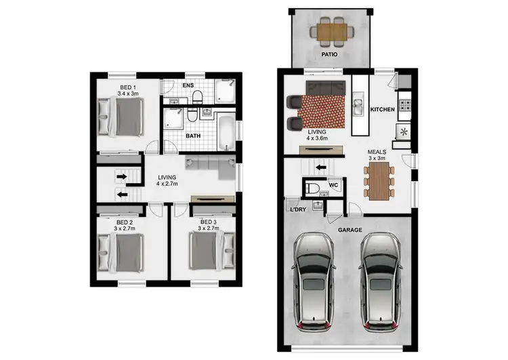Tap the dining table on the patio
pos(331,30)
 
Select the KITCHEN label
pos(383,108)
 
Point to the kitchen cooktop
pos(406,106)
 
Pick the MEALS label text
pos(377,152)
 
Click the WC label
pos(333,184)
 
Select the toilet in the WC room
pos(313,188)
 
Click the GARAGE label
pos(350,230)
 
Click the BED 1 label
pos(127,87)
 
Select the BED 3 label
pos(208,221)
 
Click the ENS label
pos(188,86)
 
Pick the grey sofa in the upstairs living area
pos(207,165)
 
